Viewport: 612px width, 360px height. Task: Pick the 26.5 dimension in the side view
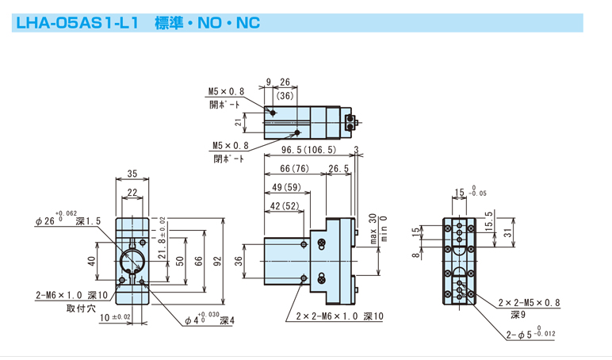click(339, 168)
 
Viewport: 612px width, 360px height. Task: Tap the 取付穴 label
click(81, 308)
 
